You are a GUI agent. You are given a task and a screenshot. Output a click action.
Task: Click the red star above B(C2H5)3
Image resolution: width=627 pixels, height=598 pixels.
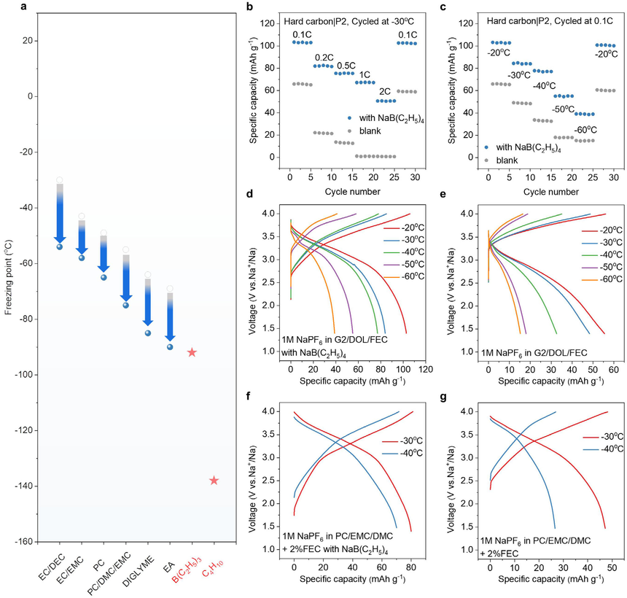pyautogui.click(x=192, y=352)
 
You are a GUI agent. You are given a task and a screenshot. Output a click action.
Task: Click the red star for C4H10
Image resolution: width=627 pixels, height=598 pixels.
pyautogui.click(x=214, y=481)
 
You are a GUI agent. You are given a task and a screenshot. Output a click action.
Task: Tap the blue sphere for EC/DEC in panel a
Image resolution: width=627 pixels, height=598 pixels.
pyautogui.click(x=60, y=246)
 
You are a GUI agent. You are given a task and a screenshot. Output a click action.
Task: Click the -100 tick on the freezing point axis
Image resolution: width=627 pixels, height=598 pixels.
pyautogui.click(x=24, y=375)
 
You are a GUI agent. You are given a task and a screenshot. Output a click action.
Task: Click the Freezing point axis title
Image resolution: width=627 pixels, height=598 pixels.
pyautogui.click(x=9, y=277)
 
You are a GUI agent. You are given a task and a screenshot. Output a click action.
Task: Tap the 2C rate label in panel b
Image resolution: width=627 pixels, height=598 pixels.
pyautogui.click(x=385, y=92)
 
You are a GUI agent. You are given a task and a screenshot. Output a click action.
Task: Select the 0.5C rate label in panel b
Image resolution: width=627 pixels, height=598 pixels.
pyautogui.click(x=346, y=66)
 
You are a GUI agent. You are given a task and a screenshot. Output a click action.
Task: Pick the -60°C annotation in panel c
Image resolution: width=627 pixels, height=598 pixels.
pyautogui.click(x=585, y=130)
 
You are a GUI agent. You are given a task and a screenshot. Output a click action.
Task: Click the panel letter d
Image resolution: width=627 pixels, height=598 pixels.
pyautogui.click(x=249, y=195)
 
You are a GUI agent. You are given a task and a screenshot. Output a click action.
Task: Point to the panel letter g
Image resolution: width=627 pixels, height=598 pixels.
pyautogui.click(x=443, y=397)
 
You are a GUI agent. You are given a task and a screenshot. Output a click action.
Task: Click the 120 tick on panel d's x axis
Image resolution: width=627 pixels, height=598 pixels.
pyautogui.click(x=427, y=369)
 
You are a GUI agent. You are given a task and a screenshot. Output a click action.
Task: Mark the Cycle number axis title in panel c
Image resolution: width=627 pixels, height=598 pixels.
pyautogui.click(x=551, y=192)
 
